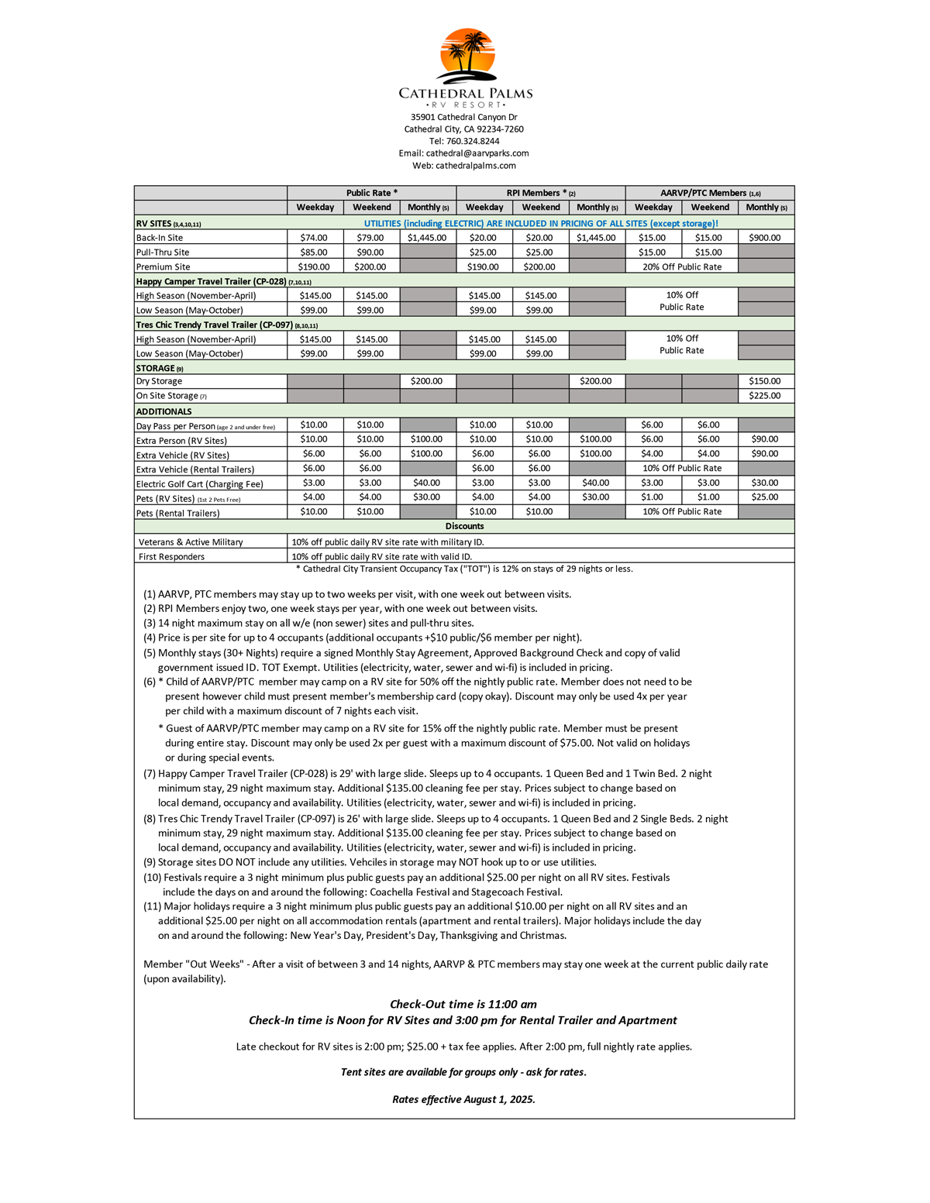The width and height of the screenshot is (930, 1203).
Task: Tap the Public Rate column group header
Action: [371, 193]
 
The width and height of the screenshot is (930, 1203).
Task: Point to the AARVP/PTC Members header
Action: [709, 193]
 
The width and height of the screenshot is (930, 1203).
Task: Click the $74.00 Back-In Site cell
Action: [314, 238]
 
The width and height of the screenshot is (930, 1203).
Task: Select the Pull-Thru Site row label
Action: [163, 253]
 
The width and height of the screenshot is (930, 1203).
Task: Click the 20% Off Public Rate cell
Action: [681, 267]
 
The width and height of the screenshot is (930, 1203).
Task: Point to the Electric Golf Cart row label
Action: [200, 484]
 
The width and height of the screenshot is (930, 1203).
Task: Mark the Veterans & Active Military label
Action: [191, 542]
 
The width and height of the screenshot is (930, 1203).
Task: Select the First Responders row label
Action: [171, 557]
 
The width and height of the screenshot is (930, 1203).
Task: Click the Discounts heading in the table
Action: [464, 527]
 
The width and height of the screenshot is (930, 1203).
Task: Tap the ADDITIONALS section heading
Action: [164, 411]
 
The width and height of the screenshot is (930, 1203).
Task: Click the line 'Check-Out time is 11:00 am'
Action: [463, 1005]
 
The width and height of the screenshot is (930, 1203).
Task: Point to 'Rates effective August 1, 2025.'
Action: [463, 1099]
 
